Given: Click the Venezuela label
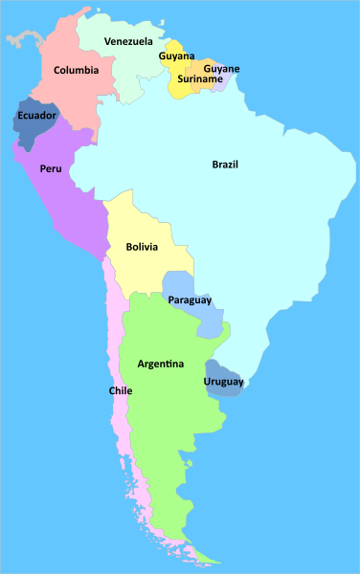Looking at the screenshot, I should pos(128,41).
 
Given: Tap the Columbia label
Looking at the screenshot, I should pos(76,70).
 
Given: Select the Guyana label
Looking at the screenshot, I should pos(176,56).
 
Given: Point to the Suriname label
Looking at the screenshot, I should pos(199,78).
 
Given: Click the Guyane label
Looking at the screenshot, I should pos(221,69).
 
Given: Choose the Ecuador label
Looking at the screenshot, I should pos(36,116).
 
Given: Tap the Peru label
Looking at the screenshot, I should pos(51,168).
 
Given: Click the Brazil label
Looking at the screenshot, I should pos(225,165).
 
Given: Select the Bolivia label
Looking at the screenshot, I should pos(142,247).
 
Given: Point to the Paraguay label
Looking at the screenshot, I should pos(190,300).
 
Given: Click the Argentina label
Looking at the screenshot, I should pos(161,364).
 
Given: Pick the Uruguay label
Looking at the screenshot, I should pos(223,383).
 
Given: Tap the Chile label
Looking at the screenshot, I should pos(120,390).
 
